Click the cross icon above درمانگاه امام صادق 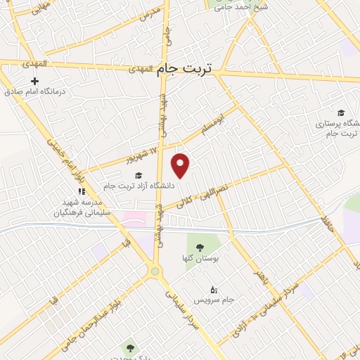click(x=34, y=81)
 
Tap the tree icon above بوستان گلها click(x=200, y=247)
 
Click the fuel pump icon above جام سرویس click(x=214, y=290)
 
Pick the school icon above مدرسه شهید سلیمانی click(x=82, y=191)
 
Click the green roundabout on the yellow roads click(x=155, y=271)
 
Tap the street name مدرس click(x=150, y=13)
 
